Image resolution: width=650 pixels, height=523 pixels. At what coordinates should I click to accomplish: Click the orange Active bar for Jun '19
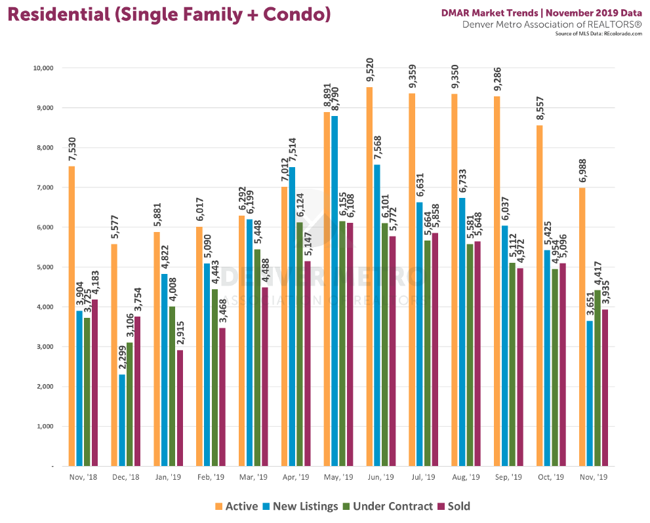[370, 275]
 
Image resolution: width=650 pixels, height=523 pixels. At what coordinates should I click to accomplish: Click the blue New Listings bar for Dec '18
[121, 419]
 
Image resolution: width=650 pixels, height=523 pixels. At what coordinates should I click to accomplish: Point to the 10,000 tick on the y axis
[43, 68]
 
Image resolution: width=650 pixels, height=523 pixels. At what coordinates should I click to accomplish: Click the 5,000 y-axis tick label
[45, 267]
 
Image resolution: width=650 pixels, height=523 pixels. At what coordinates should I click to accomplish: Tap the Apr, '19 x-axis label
[295, 477]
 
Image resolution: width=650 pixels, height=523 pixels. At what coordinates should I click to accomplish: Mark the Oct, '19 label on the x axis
[551, 477]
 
